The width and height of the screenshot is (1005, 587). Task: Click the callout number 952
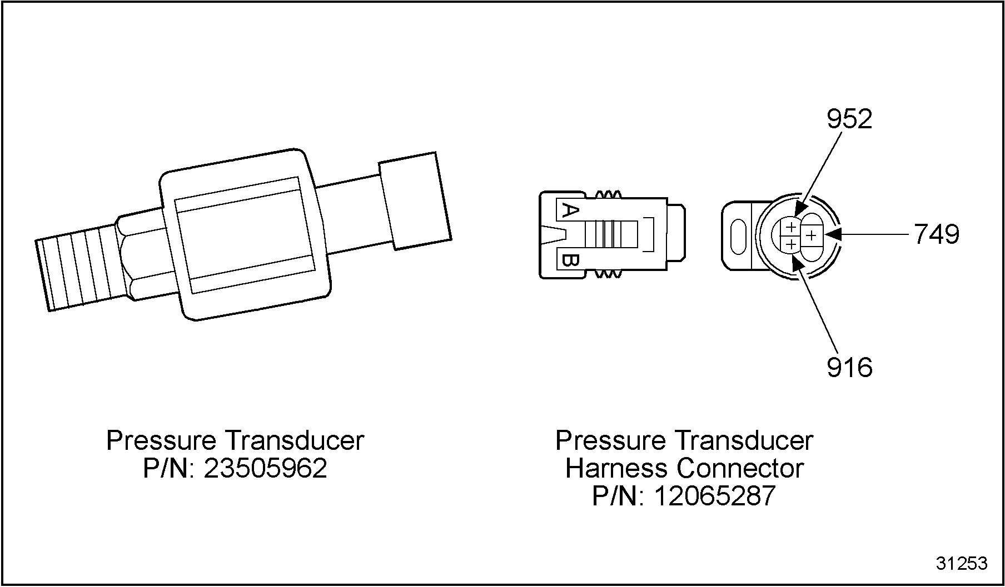tap(849, 119)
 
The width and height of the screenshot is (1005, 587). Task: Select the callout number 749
tap(937, 234)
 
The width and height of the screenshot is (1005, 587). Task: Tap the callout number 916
tap(849, 367)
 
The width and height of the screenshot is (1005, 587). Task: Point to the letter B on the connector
tap(570, 261)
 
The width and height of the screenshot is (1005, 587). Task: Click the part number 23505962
tap(266, 468)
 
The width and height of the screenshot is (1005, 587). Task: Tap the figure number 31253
tap(962, 564)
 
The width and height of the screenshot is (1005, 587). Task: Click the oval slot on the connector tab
tap(738, 237)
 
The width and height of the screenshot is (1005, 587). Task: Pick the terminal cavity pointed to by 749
tap(812, 236)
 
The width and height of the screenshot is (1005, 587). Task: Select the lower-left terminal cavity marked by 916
tap(790, 244)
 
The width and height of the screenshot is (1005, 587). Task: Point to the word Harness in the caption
tap(616, 468)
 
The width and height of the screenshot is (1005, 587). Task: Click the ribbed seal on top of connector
tap(608, 194)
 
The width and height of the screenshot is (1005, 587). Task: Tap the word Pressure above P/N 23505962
tap(161, 440)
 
